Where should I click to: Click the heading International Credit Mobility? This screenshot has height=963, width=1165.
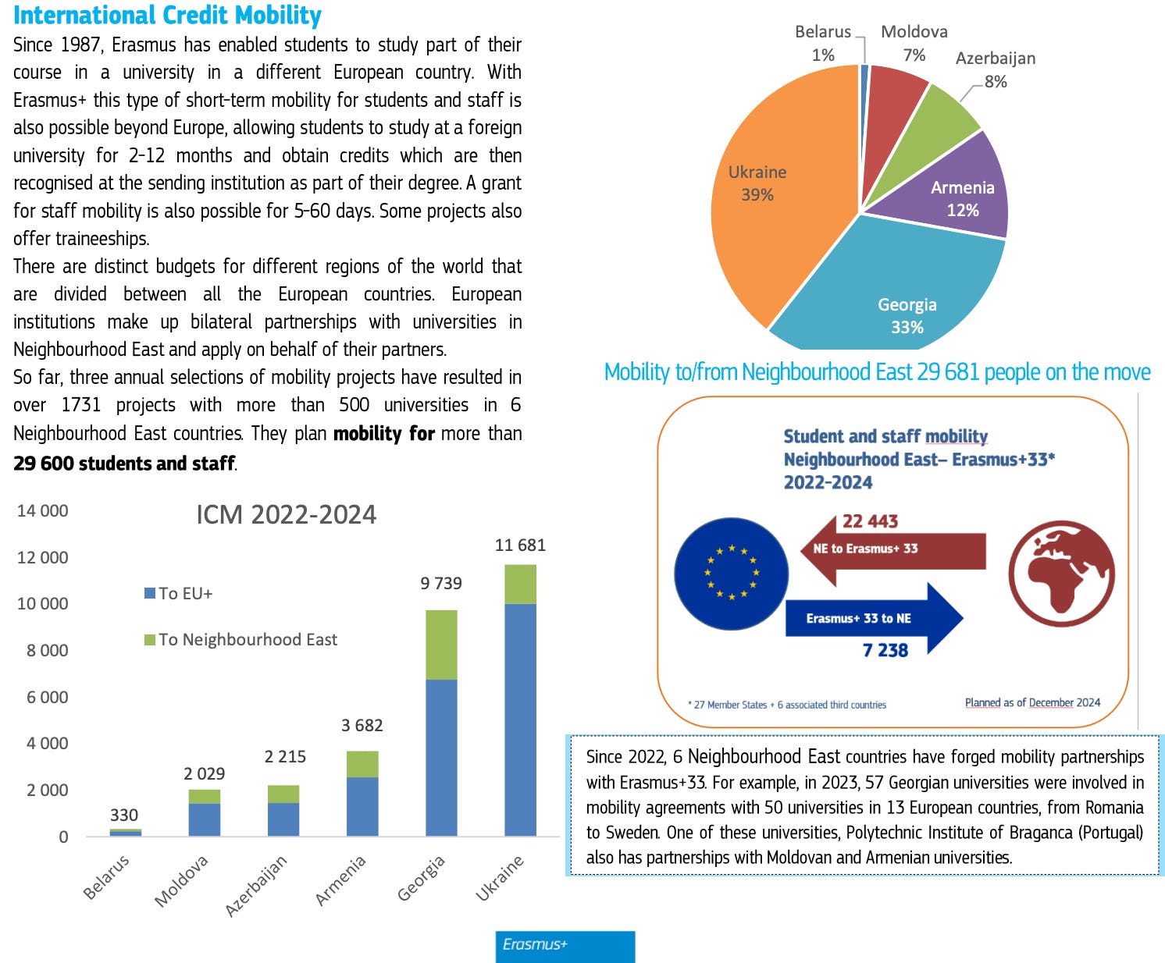(167, 15)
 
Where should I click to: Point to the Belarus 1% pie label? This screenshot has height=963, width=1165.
(823, 43)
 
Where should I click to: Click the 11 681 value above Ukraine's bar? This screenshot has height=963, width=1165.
(520, 545)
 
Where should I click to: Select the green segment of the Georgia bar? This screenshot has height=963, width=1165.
(441, 645)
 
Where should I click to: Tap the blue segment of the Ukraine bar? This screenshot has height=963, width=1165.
(520, 718)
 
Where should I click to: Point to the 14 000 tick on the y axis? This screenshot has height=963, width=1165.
(43, 510)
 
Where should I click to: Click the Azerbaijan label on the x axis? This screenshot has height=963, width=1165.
(257, 885)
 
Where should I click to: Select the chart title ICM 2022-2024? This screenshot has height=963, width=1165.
(286, 515)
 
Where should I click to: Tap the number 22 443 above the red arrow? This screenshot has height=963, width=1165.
(870, 521)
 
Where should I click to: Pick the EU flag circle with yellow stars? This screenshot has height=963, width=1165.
(731, 574)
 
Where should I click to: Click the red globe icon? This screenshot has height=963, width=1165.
(1061, 574)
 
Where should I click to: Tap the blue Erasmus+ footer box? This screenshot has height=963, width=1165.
(565, 945)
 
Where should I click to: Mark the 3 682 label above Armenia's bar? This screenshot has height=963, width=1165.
(362, 726)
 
